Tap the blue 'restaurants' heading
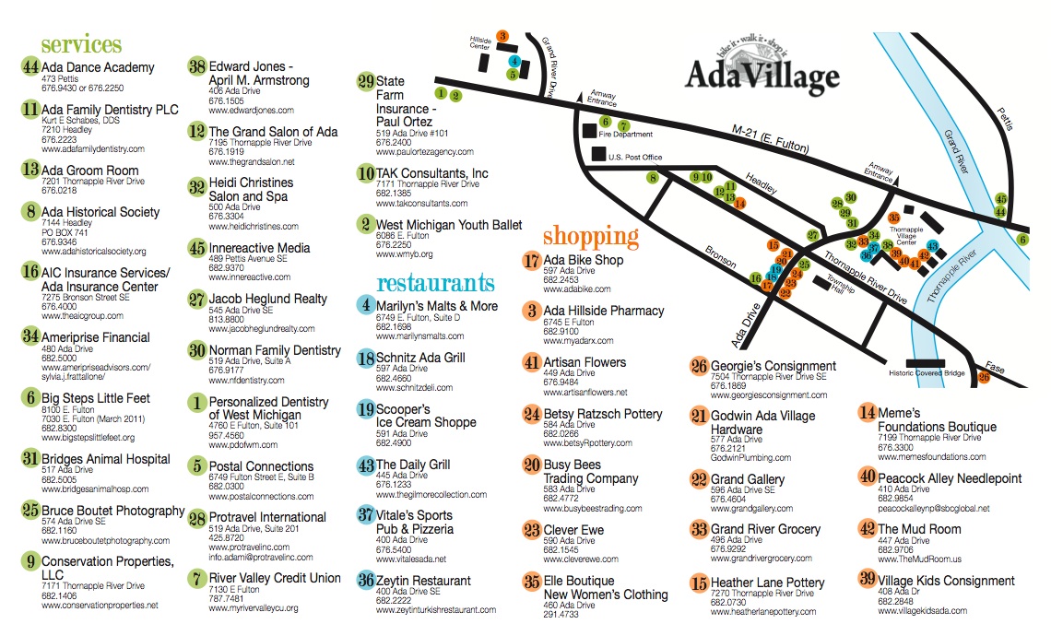435,282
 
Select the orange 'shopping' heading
590,236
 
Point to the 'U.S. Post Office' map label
635,158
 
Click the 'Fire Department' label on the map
619,135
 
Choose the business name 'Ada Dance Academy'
98,67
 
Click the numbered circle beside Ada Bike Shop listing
531,261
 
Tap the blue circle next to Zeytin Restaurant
365,581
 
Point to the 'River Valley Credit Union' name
275,578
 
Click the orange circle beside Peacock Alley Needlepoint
867,477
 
